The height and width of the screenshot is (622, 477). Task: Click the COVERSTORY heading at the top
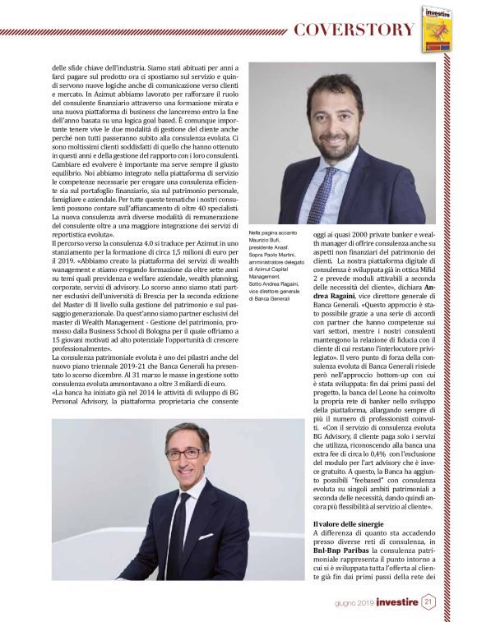(x=354, y=30)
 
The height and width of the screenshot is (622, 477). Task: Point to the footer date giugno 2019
(x=354, y=603)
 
